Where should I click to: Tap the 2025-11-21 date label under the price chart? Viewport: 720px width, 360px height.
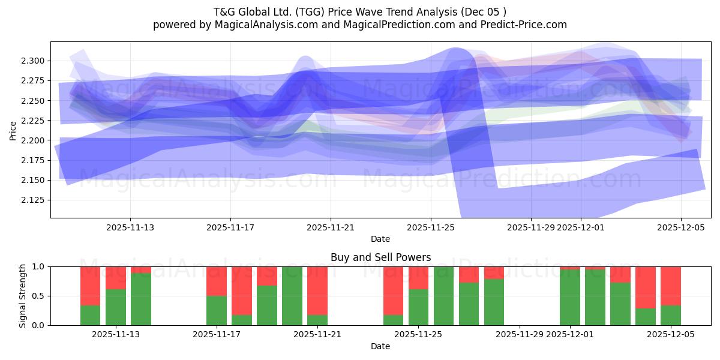pyautogui.click(x=331, y=227)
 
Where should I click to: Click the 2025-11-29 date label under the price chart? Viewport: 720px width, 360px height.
pyautogui.click(x=530, y=227)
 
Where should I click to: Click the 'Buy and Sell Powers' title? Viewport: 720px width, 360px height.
pyautogui.click(x=380, y=257)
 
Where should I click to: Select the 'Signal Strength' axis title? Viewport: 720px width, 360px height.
pyautogui.click(x=22, y=296)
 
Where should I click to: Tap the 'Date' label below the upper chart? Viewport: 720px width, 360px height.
pyautogui.click(x=380, y=239)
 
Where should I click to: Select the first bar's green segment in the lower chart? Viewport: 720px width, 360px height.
pyautogui.click(x=90, y=316)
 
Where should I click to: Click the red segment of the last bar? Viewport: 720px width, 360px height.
pyautogui.click(x=671, y=286)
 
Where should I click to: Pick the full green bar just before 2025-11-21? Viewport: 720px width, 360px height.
pyautogui.click(x=292, y=296)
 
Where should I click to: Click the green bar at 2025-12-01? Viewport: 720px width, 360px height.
pyautogui.click(x=570, y=297)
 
